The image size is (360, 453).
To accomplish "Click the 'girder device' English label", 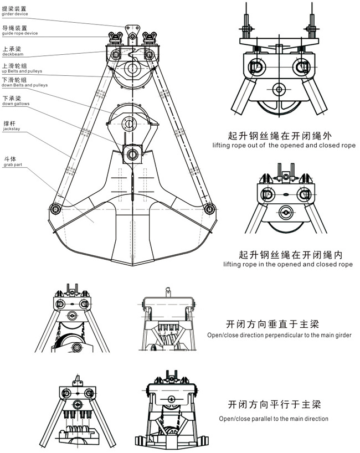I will [14, 13].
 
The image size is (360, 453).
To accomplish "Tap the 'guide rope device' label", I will [19, 33].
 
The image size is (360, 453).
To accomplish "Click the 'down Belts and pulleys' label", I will [25, 85].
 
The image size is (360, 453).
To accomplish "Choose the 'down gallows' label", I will [16, 104].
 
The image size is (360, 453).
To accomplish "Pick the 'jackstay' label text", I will [11, 128].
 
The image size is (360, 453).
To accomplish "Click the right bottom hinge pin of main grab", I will [208, 209].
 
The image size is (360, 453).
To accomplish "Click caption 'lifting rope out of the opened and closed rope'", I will [284, 145].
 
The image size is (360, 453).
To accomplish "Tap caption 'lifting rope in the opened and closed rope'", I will [287, 265].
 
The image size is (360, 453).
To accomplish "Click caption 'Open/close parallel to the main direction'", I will [273, 419].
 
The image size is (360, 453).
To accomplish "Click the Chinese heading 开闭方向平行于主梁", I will [274, 405].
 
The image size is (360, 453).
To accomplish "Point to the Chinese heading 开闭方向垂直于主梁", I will [272, 323].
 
